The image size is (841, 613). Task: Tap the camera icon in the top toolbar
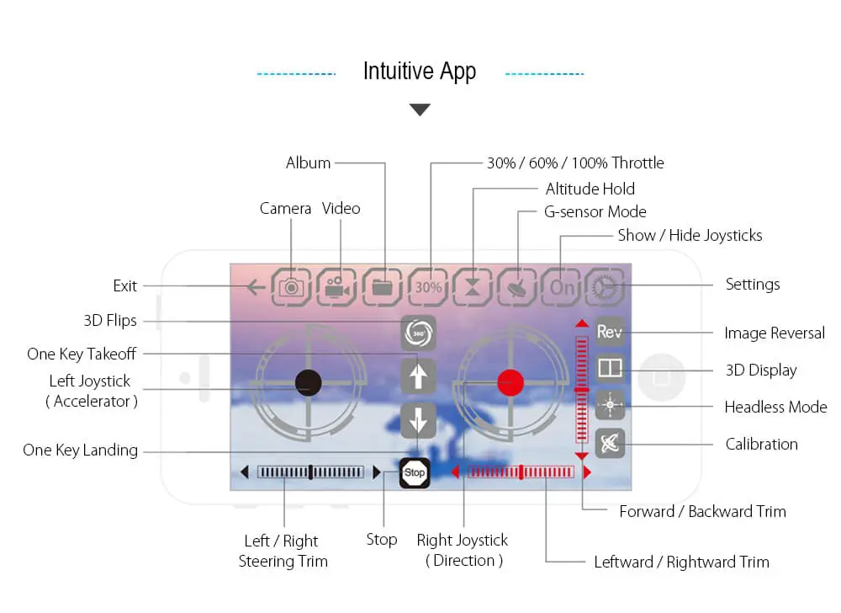[x=291, y=288]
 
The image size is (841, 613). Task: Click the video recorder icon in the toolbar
[x=336, y=288]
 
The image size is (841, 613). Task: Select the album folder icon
[x=382, y=288]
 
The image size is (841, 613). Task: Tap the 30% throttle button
[x=428, y=288]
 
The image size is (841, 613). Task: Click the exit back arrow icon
[x=257, y=287]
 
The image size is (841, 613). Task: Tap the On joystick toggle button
[x=561, y=288]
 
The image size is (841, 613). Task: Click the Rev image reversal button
[x=610, y=331]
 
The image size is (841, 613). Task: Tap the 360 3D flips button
[x=418, y=333]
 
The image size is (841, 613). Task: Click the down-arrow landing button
[x=418, y=420]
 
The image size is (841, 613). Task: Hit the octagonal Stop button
[x=415, y=472]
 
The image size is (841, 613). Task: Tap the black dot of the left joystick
[x=309, y=383]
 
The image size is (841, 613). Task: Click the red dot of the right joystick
[x=510, y=383]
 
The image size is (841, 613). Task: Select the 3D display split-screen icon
[x=610, y=368]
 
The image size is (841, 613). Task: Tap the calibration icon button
[x=610, y=444]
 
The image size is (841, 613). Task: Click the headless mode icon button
[x=610, y=405]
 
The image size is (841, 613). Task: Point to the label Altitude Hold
[x=590, y=189]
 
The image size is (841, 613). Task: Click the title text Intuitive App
[x=420, y=72]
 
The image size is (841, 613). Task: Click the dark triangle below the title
[x=420, y=109]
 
